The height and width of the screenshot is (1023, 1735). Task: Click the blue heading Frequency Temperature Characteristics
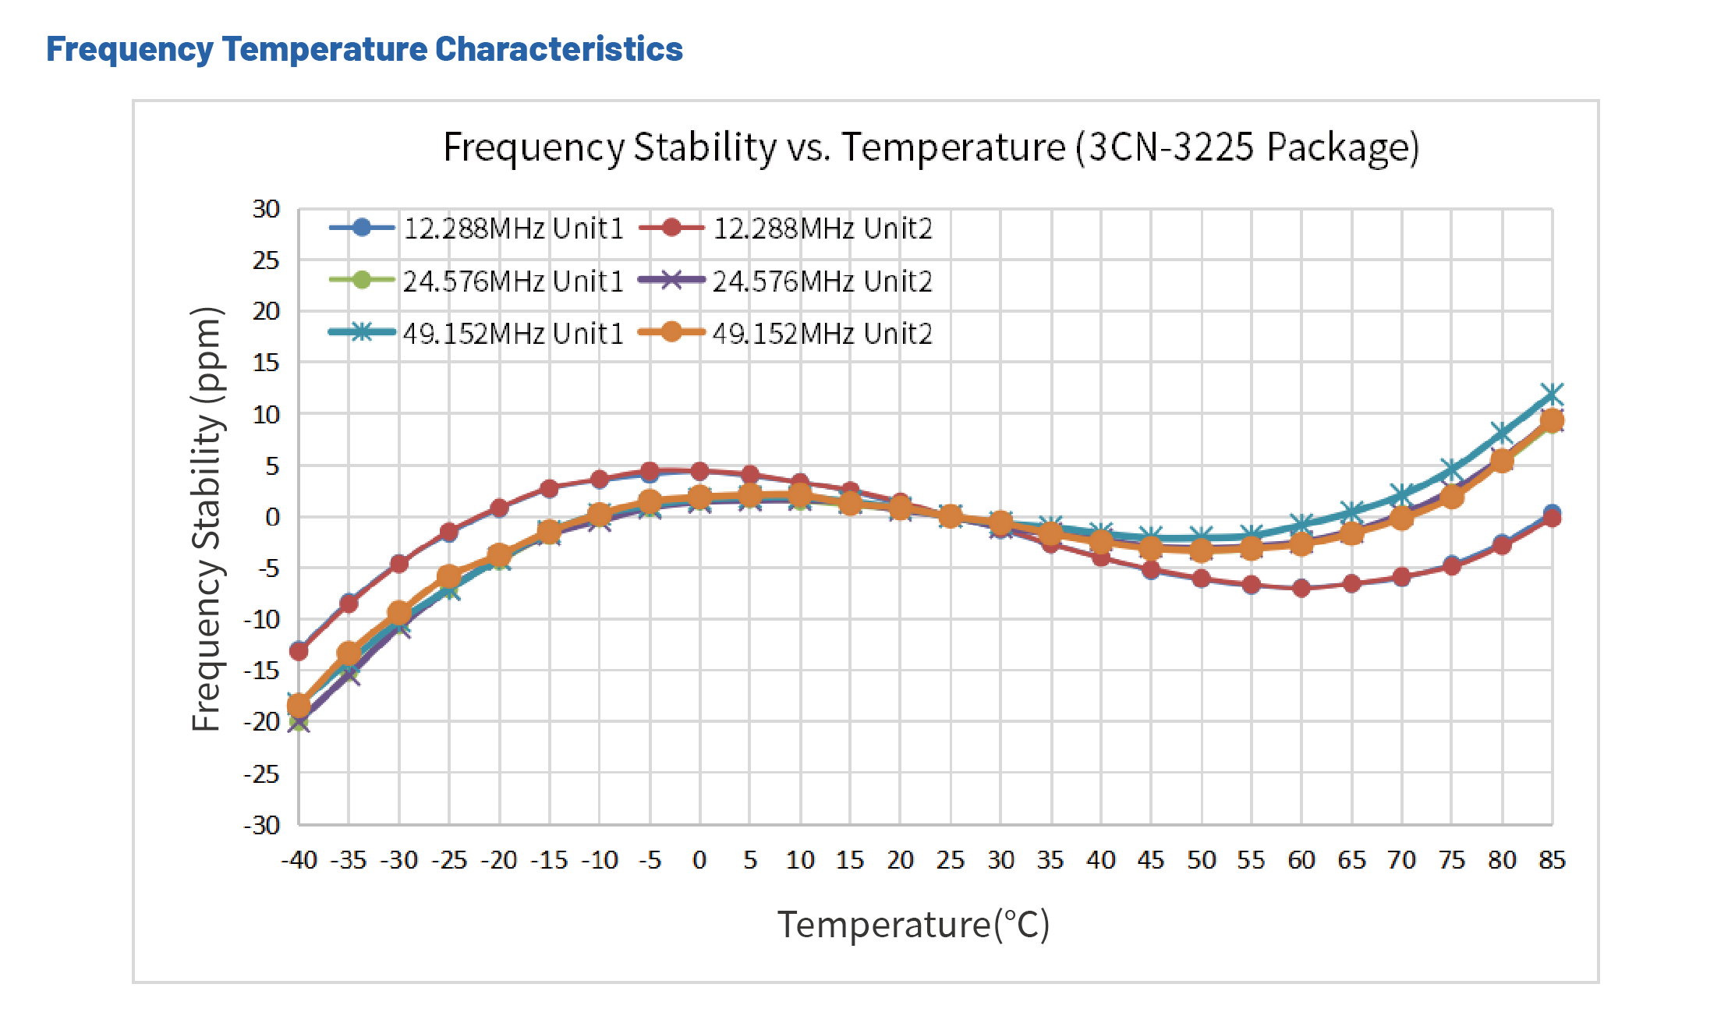click(x=364, y=49)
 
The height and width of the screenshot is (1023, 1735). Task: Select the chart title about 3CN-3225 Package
click(x=930, y=147)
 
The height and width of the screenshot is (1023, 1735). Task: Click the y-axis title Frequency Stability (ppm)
click(x=207, y=519)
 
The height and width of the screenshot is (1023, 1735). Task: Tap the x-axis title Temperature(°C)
click(x=913, y=925)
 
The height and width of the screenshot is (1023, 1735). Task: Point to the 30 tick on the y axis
click(x=266, y=209)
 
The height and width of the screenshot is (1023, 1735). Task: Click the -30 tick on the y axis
click(x=262, y=825)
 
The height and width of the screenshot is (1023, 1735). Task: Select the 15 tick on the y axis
click(x=266, y=363)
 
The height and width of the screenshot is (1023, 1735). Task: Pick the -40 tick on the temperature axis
click(x=299, y=860)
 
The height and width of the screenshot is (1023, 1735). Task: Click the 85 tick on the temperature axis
click(x=1552, y=860)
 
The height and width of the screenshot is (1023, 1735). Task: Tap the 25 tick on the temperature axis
click(x=950, y=860)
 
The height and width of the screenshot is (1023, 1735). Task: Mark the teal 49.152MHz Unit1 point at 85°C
click(x=1552, y=394)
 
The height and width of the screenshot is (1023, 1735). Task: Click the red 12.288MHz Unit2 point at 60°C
click(x=1301, y=588)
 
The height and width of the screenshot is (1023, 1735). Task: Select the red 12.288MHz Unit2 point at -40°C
click(x=299, y=650)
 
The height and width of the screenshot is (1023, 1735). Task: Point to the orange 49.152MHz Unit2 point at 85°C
click(x=1552, y=421)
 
